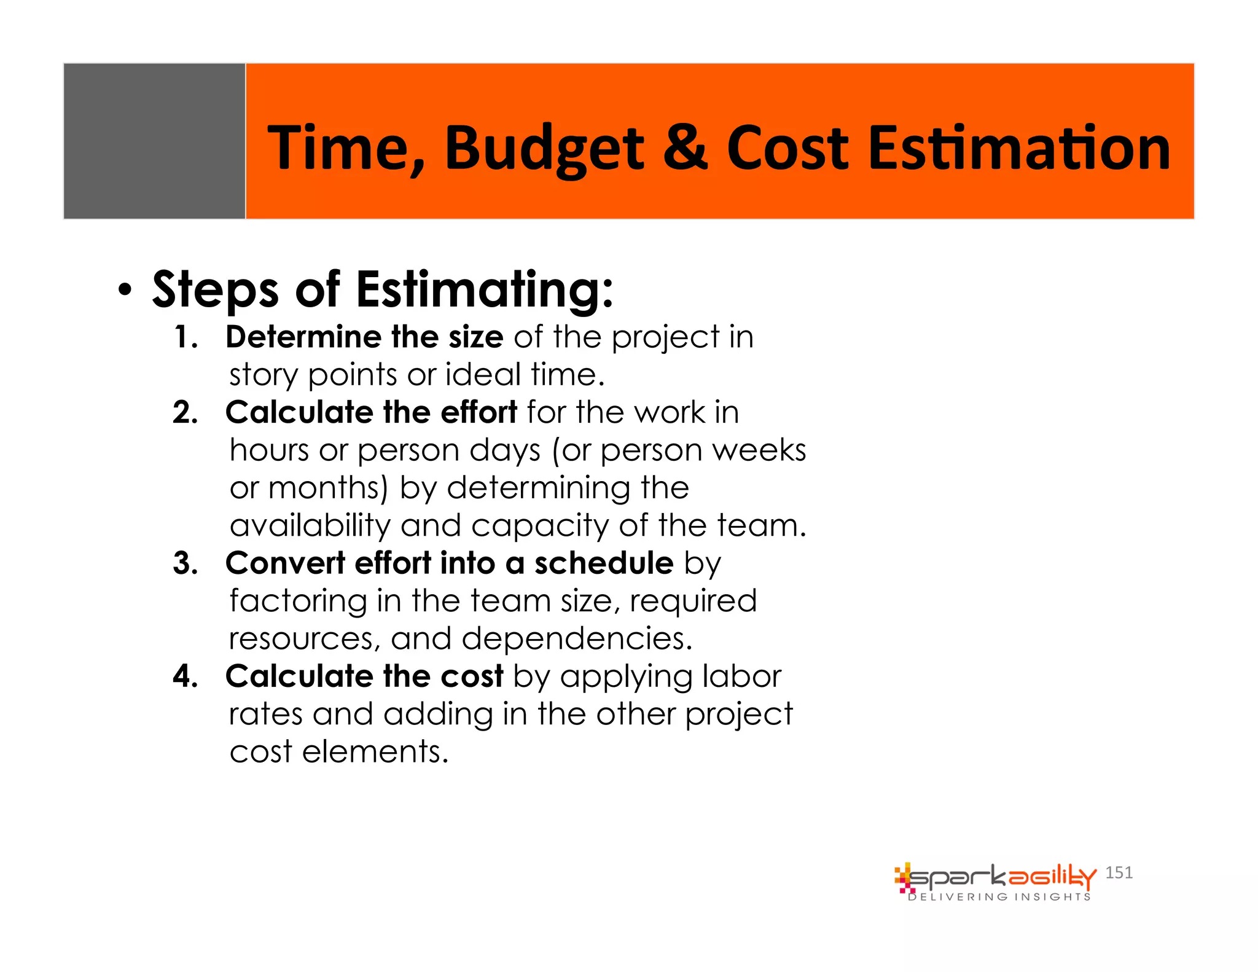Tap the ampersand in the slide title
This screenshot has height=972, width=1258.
pyautogui.click(x=685, y=147)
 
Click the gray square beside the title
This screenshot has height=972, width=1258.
pyautogui.click(x=154, y=141)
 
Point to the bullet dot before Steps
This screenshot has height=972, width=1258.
pyautogui.click(x=125, y=291)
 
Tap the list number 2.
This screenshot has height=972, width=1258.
pyautogui.click(x=185, y=412)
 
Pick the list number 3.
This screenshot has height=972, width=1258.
pyautogui.click(x=185, y=563)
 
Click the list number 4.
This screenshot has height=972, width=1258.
pyautogui.click(x=185, y=676)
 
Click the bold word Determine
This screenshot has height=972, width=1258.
pyautogui.click(x=303, y=337)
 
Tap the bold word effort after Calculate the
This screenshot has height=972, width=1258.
pyautogui.click(x=479, y=412)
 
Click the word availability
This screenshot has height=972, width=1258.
pyautogui.click(x=310, y=526)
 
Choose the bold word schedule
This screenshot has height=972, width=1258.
pyautogui.click(x=603, y=563)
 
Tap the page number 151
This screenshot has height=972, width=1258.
pyautogui.click(x=1119, y=872)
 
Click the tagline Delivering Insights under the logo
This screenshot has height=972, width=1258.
pyautogui.click(x=999, y=897)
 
